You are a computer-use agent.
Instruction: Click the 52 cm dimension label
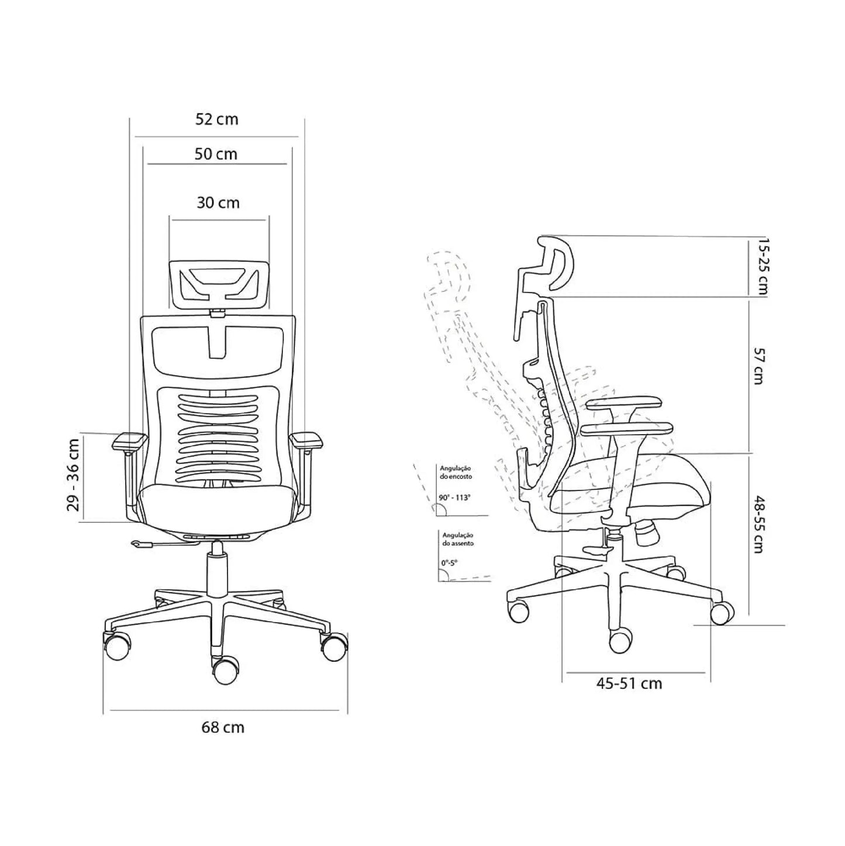[217, 119]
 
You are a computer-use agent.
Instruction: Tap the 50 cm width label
[216, 154]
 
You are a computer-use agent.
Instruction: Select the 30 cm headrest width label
[218, 202]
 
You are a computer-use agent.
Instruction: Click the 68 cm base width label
[223, 727]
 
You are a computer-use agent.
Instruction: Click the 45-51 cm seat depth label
[629, 683]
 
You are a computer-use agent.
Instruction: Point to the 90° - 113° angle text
[454, 497]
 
